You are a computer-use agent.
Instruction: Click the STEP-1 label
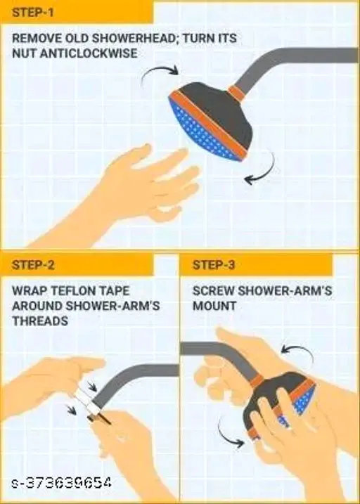pyautogui.click(x=32, y=13)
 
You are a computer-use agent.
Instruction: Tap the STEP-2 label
pyautogui.click(x=33, y=265)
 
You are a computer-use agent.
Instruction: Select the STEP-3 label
pyautogui.click(x=214, y=265)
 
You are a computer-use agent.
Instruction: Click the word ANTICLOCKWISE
pyautogui.click(x=89, y=53)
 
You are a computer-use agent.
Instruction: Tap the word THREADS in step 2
pyautogui.click(x=40, y=321)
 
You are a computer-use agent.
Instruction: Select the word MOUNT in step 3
pyautogui.click(x=214, y=306)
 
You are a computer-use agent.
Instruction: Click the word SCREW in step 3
pyautogui.click(x=214, y=291)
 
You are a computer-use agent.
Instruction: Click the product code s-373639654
pyautogui.click(x=62, y=483)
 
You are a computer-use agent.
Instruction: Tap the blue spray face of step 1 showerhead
pyautogui.click(x=202, y=132)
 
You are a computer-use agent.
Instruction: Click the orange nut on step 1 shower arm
pyautogui.click(x=237, y=93)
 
